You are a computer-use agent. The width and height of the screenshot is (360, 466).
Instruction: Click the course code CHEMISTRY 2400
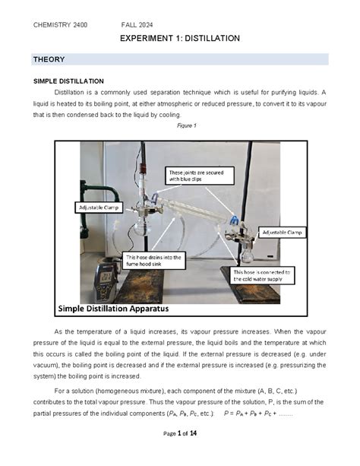60,25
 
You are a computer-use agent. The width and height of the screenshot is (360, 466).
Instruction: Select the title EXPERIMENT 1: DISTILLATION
180,38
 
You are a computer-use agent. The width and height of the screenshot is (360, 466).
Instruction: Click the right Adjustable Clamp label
283,232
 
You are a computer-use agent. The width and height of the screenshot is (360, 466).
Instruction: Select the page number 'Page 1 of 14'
180,454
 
